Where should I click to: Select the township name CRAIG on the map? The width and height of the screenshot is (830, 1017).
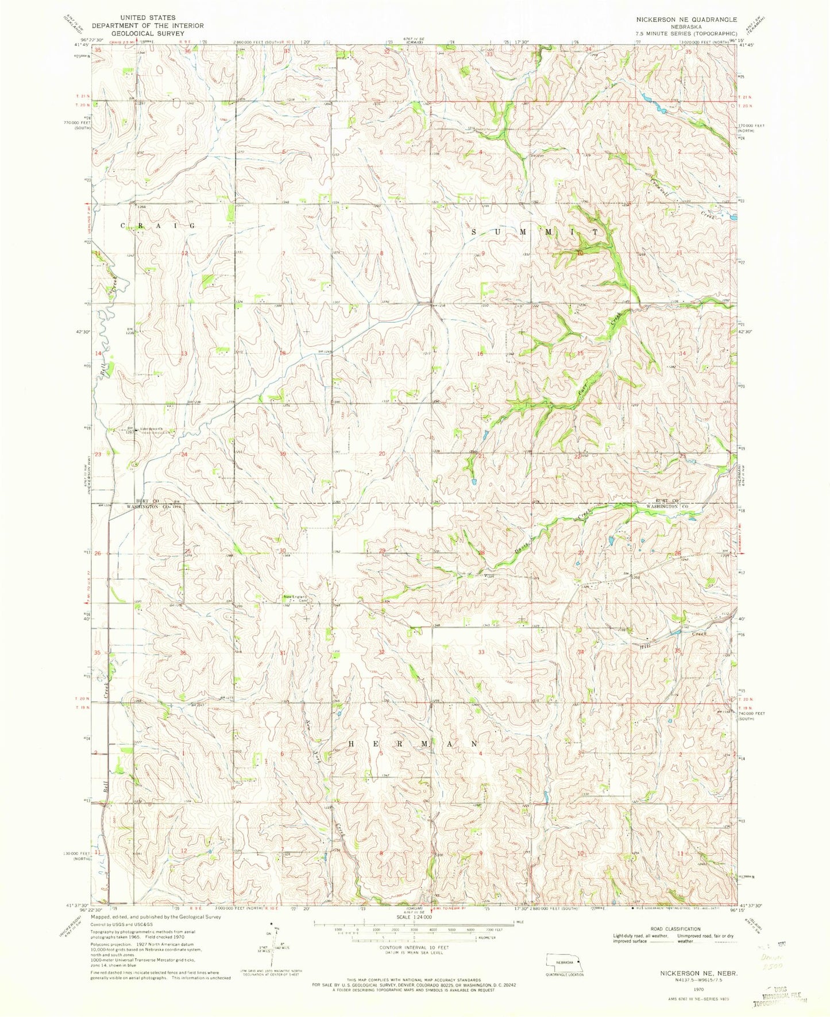[x=157, y=226]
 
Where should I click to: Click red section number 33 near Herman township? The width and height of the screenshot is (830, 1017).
[x=481, y=652]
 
